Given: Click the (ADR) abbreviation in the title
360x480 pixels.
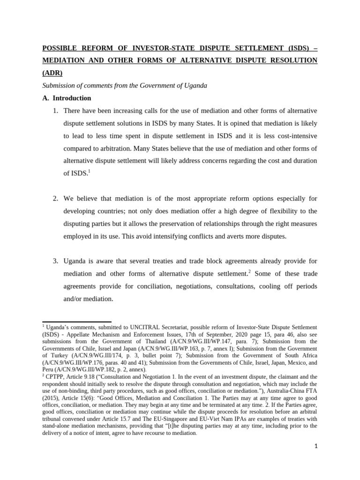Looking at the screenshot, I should pyautogui.click(x=52, y=73).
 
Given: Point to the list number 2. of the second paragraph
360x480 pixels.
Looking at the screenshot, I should pyautogui.click(x=55, y=199).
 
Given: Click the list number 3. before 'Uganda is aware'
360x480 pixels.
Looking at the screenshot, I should pyautogui.click(x=55, y=261).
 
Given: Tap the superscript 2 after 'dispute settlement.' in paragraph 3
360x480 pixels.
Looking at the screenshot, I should pyautogui.click(x=248, y=270).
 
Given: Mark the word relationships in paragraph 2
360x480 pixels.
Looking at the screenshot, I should pyautogui.click(x=220, y=224).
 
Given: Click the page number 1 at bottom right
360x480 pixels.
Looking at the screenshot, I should pyautogui.click(x=316, y=446).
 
